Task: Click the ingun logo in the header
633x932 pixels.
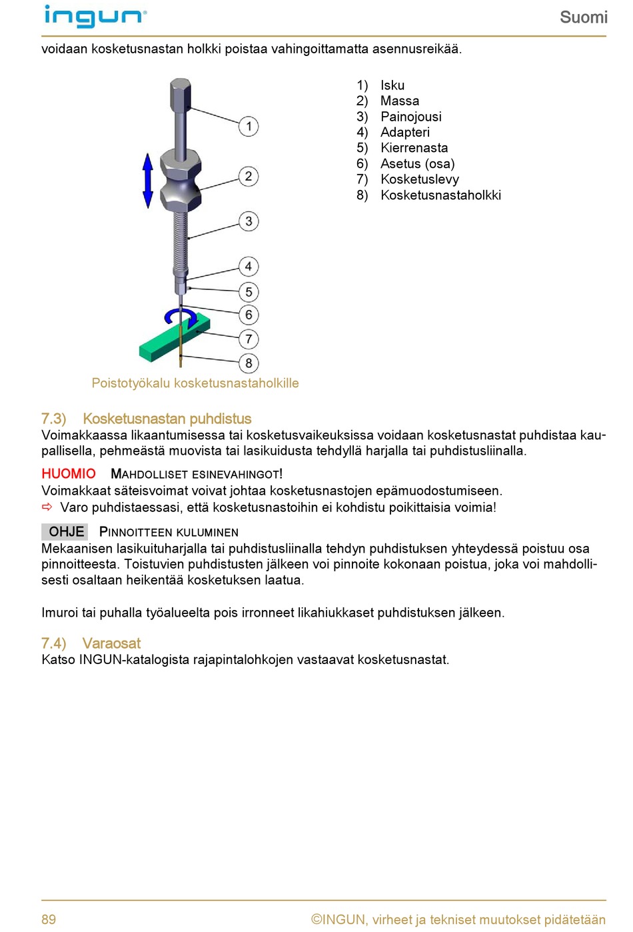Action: click(95, 17)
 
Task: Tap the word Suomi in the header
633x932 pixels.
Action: click(583, 17)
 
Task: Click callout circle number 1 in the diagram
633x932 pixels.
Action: click(249, 126)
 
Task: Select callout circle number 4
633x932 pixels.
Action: click(249, 267)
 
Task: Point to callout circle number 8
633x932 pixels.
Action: click(249, 363)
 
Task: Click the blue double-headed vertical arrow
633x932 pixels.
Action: click(148, 180)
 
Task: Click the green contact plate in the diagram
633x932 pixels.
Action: click(167, 343)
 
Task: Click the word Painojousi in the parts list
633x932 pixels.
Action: click(410, 117)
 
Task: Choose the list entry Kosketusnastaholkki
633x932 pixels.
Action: click(440, 195)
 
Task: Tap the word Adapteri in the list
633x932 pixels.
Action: click(404, 132)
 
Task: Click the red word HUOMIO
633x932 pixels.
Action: click(69, 473)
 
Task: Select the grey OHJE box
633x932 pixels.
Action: click(65, 531)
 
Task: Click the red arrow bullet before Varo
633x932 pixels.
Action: click(47, 507)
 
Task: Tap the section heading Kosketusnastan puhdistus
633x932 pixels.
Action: click(167, 419)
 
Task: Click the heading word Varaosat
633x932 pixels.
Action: click(111, 643)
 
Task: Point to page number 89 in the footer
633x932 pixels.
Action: click(49, 919)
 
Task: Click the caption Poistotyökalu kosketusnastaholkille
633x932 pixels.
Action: click(195, 383)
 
